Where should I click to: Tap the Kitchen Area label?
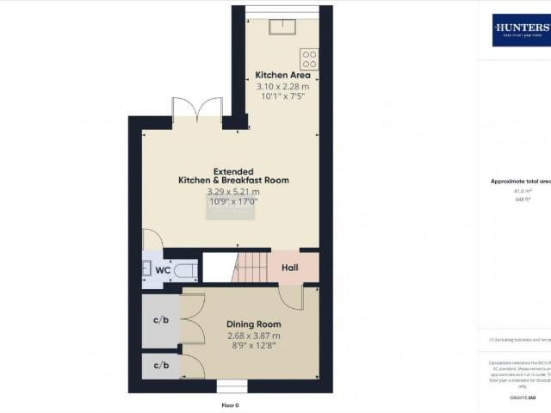click(x=282, y=75)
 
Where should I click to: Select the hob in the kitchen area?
click(x=310, y=59)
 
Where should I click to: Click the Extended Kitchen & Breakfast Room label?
click(x=233, y=176)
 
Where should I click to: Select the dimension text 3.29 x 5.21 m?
click(x=233, y=191)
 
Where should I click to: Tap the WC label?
click(x=163, y=269)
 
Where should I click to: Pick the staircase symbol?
click(x=251, y=268)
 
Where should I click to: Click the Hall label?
click(x=289, y=268)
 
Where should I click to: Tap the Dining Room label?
click(x=254, y=324)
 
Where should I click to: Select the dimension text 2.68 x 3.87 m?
click(x=254, y=336)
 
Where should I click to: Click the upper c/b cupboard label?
click(x=161, y=321)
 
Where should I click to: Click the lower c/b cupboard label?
click(x=161, y=365)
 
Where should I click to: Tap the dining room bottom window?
click(x=231, y=384)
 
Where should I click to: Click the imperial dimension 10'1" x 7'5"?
click(x=282, y=97)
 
